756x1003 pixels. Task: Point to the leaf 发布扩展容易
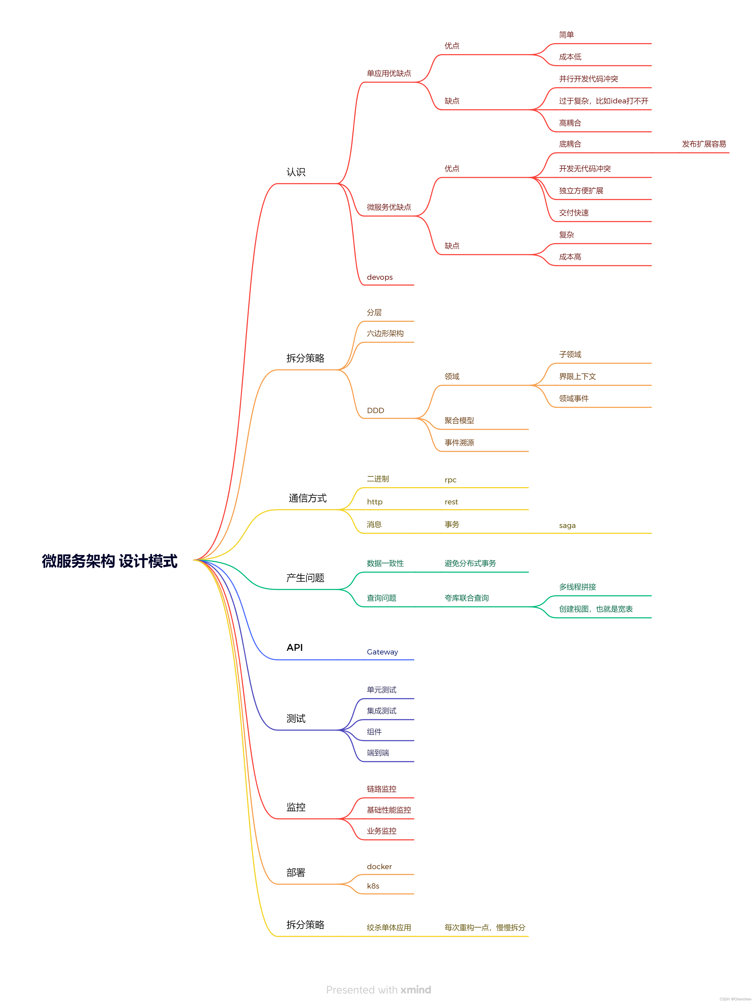point(703,144)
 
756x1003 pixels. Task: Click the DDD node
point(375,410)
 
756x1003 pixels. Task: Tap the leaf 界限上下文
point(577,376)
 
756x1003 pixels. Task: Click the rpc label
point(451,480)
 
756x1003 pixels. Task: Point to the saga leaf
point(567,526)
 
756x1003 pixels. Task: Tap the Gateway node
point(382,652)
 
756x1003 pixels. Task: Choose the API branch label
point(294,647)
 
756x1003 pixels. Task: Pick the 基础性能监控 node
point(389,810)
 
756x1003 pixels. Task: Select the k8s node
point(373,886)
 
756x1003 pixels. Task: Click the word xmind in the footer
point(416,990)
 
